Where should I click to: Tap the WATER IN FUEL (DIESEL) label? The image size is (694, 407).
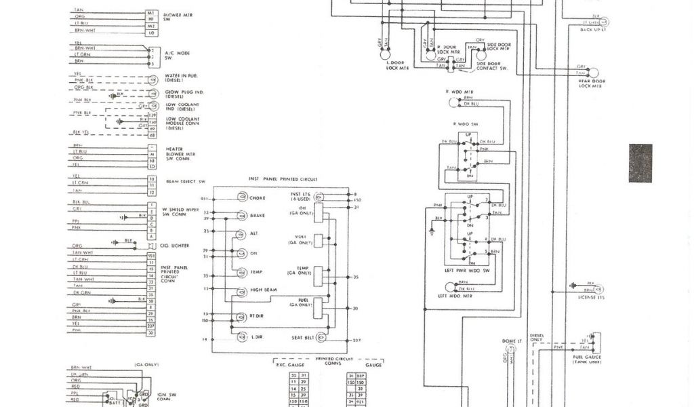180,78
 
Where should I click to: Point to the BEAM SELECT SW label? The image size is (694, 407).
185,182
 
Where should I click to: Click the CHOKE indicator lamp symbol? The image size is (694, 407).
241,197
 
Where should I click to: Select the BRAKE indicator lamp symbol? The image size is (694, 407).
241,216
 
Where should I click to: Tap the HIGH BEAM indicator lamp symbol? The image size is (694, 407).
241,292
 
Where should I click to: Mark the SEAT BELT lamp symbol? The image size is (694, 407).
322,337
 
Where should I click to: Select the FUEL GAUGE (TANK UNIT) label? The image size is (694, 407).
589,359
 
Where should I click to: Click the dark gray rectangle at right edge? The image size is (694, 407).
640,163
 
